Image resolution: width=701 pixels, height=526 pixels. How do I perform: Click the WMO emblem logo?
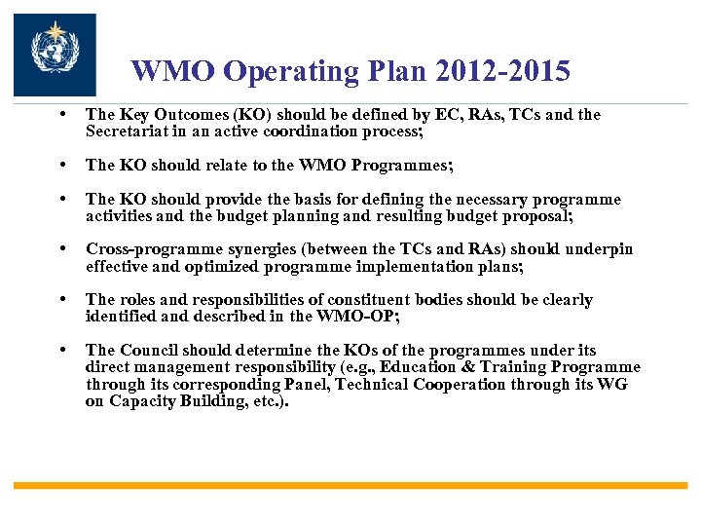(55, 55)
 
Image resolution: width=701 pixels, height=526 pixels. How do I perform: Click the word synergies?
(260, 250)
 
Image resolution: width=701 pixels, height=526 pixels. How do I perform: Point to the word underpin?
(599, 250)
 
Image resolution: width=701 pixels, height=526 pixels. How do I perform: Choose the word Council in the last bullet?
(151, 351)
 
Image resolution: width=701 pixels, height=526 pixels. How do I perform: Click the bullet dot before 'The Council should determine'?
(62, 350)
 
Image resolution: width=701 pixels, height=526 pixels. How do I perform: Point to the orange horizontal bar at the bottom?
(350, 485)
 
